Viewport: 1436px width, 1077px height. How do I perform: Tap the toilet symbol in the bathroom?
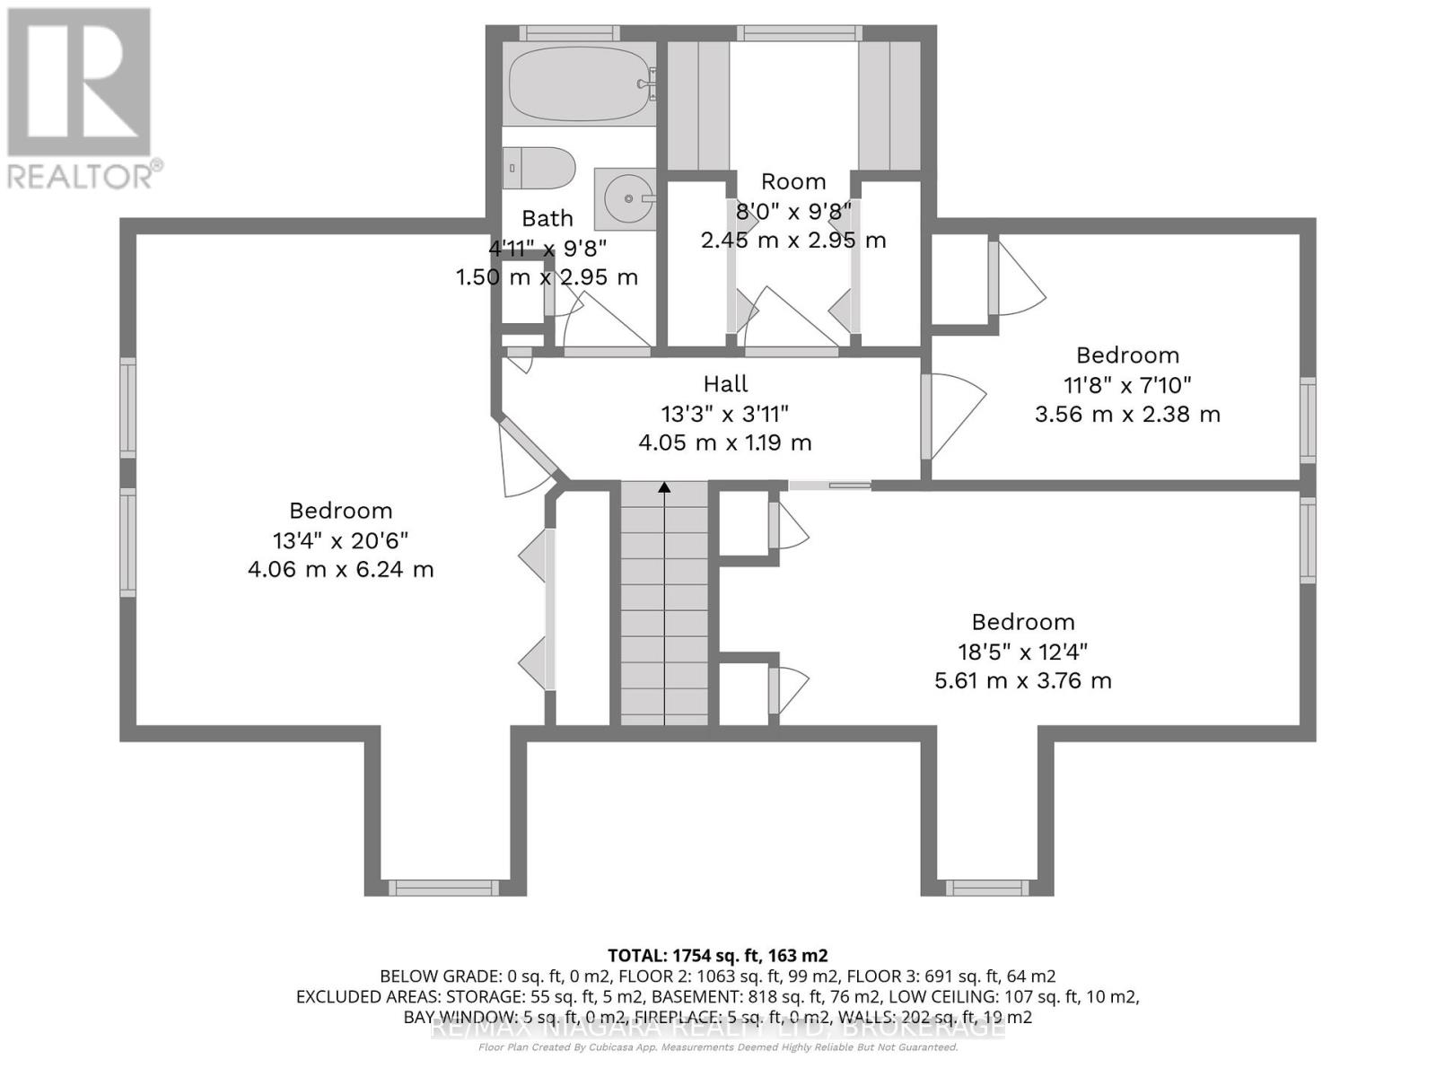tap(538, 168)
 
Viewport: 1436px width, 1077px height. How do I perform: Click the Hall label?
tap(725, 384)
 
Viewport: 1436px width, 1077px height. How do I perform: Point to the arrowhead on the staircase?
tap(664, 487)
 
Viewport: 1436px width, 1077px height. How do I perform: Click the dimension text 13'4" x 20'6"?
tap(341, 540)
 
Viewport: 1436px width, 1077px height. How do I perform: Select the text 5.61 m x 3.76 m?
tap(1023, 680)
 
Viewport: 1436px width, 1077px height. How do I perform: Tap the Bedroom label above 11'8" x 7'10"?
tap(1127, 355)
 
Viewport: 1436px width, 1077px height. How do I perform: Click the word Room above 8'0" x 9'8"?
tap(793, 181)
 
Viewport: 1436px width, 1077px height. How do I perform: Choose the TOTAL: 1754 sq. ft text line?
tap(718, 955)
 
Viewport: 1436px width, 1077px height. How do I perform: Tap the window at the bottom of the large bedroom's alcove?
tap(443, 888)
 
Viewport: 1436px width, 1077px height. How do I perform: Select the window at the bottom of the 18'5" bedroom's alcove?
tap(986, 888)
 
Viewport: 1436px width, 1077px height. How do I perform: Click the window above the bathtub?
tap(569, 33)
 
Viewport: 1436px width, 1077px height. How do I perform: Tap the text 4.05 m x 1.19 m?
tap(725, 442)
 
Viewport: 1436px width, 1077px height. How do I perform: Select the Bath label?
tap(547, 218)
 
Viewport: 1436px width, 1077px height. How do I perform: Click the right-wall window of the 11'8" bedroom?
tap(1308, 420)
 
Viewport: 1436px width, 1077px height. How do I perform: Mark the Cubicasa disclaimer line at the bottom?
tap(718, 1047)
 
